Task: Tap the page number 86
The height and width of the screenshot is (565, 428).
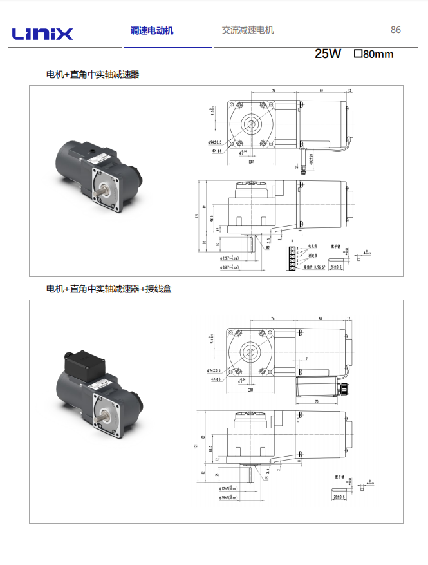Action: [395, 30]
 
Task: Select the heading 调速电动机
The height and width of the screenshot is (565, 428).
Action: [152, 30]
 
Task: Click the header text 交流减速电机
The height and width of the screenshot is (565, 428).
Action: [248, 30]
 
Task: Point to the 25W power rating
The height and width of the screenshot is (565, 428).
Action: [328, 54]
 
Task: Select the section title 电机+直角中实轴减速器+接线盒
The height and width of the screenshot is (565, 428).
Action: [109, 289]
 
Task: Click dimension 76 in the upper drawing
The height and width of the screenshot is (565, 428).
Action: [273, 91]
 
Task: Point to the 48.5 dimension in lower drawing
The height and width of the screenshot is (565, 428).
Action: [212, 449]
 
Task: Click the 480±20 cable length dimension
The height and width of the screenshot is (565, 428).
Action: [311, 158]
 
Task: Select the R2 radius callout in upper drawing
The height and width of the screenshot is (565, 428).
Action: [268, 247]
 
